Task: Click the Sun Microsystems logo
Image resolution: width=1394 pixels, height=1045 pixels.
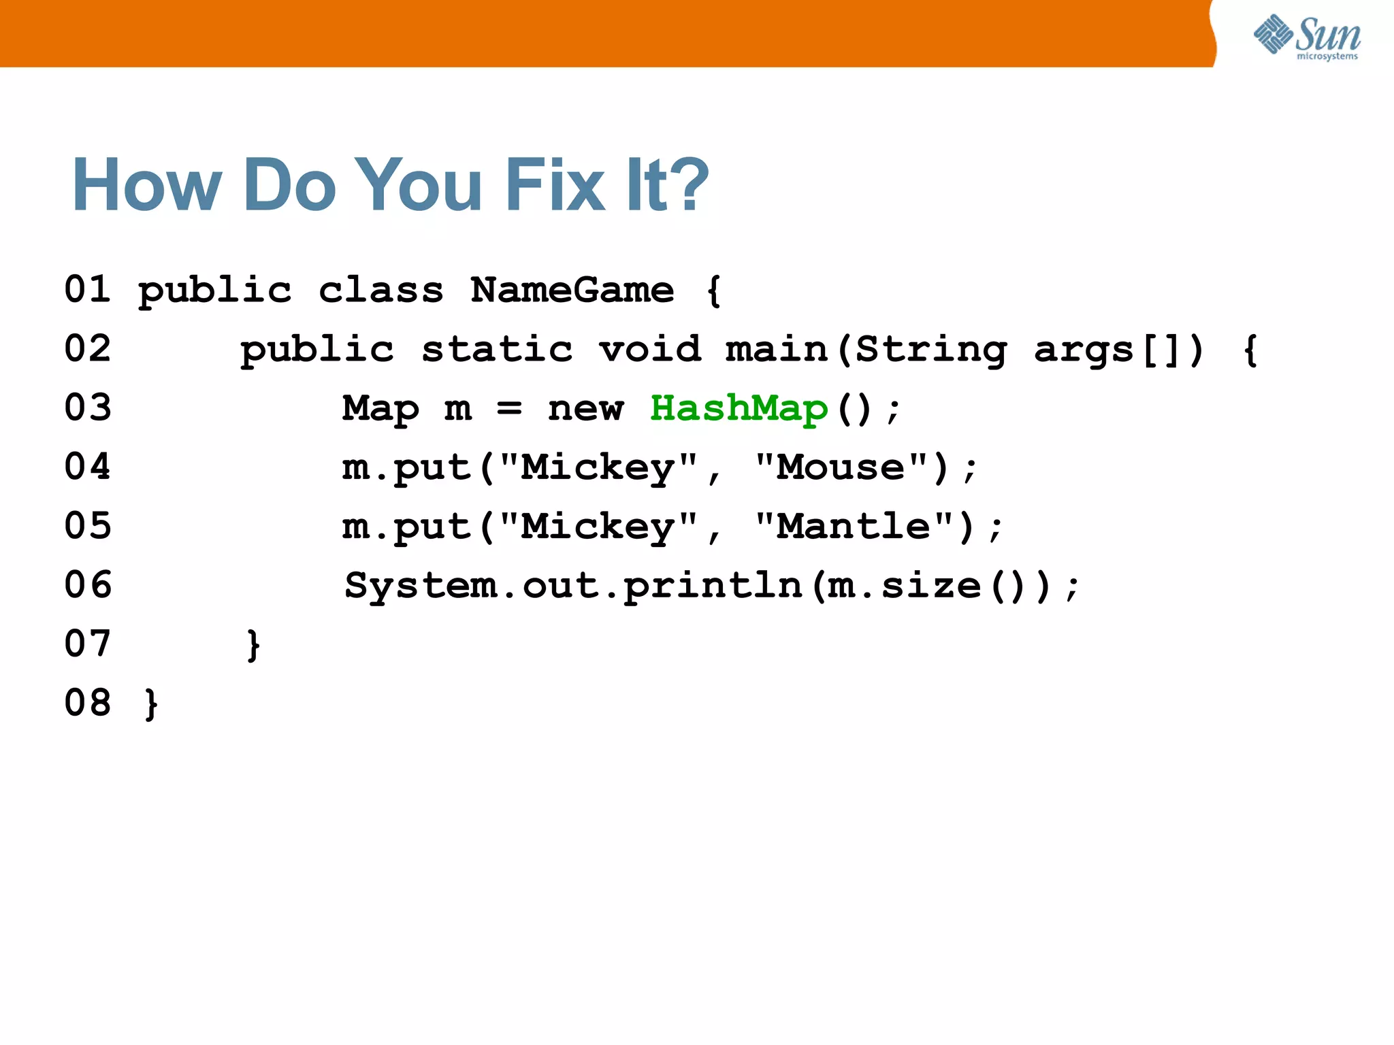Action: pos(1307,37)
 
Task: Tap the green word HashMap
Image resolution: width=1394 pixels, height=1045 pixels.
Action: pos(739,408)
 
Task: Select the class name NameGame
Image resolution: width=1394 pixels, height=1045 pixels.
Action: pos(572,291)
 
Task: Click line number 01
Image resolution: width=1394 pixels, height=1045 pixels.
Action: pos(87,289)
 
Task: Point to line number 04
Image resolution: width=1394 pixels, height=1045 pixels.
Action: pos(87,467)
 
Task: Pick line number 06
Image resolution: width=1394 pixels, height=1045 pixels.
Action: pos(87,585)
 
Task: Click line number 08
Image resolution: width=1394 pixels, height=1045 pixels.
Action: pos(87,703)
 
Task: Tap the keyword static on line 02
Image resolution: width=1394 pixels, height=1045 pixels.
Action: pos(497,350)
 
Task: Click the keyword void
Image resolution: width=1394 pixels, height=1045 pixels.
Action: pos(649,350)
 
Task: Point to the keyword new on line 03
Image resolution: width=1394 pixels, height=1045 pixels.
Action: pos(585,408)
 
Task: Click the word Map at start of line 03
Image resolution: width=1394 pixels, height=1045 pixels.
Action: pos(380,408)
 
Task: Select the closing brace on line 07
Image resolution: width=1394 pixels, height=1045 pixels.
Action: pos(253,644)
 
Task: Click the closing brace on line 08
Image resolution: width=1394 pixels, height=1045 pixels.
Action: pos(151,703)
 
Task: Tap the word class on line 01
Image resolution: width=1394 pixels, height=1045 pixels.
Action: pos(380,291)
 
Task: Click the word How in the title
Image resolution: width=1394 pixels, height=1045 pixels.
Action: pos(147,185)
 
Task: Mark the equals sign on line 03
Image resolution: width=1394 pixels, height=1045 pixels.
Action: pos(509,408)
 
